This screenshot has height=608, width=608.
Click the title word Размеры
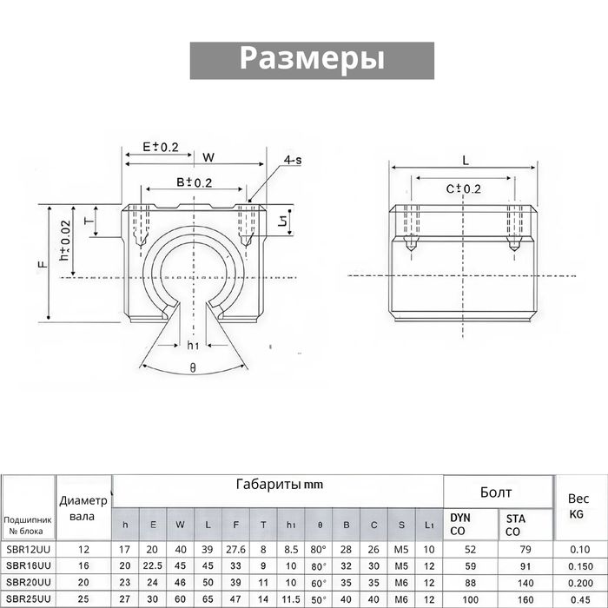(x=312, y=58)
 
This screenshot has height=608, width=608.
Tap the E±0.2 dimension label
(x=159, y=147)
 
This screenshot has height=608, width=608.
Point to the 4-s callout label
(x=293, y=160)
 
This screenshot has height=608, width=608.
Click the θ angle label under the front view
(x=193, y=367)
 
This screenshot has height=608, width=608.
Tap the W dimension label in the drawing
(x=208, y=157)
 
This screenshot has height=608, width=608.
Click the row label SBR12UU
(x=28, y=549)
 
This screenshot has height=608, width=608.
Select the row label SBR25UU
(x=28, y=598)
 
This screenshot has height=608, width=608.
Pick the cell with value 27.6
(x=236, y=549)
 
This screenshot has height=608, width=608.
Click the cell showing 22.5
(x=153, y=565)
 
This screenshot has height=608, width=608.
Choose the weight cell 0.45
(x=578, y=598)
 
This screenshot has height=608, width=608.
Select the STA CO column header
(x=515, y=524)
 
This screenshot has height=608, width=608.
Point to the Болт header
(x=496, y=492)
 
